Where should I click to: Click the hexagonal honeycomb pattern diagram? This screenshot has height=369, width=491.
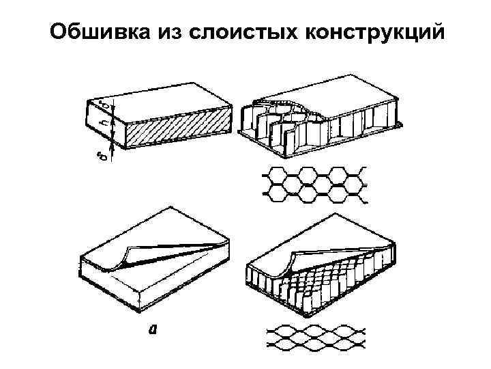(x=314, y=184)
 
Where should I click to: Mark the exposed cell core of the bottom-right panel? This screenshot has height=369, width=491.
(x=321, y=280)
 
